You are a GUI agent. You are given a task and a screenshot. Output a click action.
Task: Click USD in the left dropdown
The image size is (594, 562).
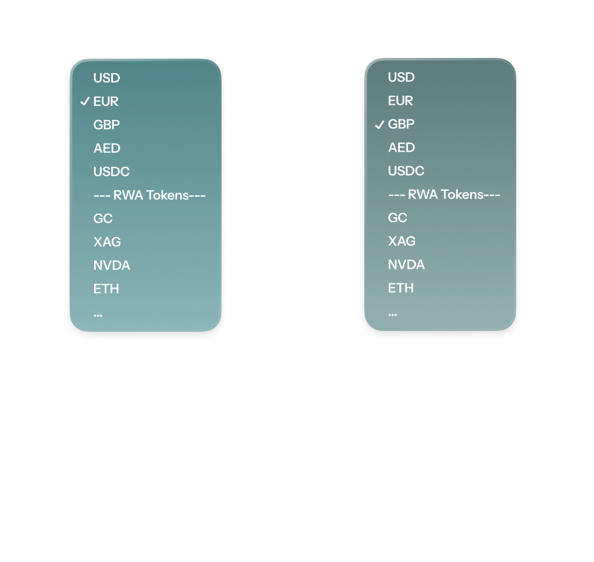[x=106, y=78]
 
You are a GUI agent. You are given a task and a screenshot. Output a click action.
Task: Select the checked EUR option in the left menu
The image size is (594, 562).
[x=106, y=102]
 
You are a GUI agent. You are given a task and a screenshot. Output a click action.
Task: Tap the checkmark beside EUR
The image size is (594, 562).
[x=85, y=101]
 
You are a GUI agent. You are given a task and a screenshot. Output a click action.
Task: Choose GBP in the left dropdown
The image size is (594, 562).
[x=106, y=125]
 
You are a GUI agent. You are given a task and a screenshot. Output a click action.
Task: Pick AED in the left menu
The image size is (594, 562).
[x=107, y=148]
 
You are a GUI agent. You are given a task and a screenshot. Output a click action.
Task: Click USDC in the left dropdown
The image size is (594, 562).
[x=111, y=172]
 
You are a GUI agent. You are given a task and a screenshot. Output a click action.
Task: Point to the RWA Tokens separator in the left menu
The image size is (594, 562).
[x=150, y=196]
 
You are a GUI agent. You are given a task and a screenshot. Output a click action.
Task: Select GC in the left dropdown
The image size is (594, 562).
[x=103, y=219]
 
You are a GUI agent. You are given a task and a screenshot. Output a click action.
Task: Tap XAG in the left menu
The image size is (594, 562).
[x=107, y=242]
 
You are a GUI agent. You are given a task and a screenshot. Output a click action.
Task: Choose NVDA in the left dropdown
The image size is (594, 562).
[x=112, y=265]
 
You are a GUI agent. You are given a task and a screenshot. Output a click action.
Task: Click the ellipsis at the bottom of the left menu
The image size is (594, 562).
[x=98, y=315]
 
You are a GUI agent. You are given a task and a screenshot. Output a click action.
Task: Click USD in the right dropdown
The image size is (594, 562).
[x=401, y=77]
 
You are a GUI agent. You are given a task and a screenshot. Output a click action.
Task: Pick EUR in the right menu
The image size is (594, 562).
[x=400, y=101]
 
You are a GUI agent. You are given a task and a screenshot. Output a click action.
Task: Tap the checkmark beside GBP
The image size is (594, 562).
[x=379, y=124]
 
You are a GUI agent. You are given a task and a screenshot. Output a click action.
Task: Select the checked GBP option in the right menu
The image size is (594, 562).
[x=401, y=124]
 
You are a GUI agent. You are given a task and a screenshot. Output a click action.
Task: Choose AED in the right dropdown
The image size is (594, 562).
[x=402, y=148]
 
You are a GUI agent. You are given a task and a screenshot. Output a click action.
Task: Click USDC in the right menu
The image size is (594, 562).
[x=406, y=171]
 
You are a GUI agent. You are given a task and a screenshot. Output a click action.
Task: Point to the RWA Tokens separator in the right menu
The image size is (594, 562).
[x=444, y=194]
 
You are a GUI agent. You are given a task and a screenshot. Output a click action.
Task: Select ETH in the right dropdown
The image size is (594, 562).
[x=401, y=288]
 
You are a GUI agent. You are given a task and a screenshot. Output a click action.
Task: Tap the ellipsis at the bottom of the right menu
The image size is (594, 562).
[x=392, y=314]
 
